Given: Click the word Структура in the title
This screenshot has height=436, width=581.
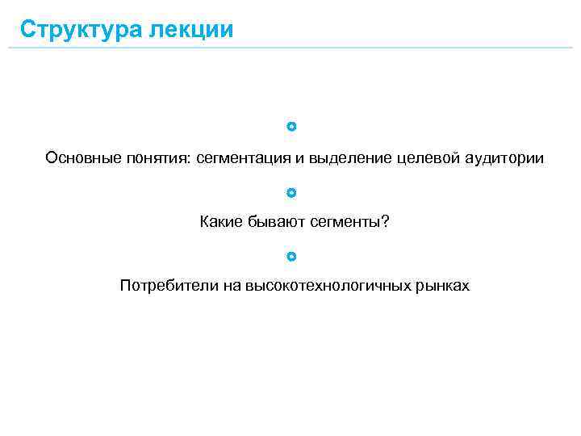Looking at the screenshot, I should click(79, 30).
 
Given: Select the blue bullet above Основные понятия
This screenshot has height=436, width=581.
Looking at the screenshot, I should click(291, 127).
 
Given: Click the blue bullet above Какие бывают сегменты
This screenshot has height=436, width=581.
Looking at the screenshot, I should click(291, 193).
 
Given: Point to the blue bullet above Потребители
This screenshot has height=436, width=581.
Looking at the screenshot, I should click(291, 257).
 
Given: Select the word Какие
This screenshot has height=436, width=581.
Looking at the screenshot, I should click(218, 222).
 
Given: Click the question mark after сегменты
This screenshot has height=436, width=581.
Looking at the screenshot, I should click(384, 222).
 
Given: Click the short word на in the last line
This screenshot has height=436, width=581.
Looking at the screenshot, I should click(232, 286).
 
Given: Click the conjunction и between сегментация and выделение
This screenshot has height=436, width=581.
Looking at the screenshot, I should click(299, 158).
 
